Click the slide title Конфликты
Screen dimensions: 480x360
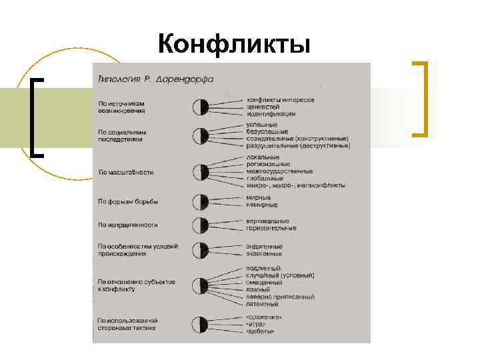(235, 44)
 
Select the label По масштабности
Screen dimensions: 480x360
(126, 172)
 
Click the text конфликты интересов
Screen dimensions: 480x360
(280, 99)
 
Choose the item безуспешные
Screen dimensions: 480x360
(269, 131)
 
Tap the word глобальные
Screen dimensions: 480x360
(265, 178)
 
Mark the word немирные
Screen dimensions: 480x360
(262, 205)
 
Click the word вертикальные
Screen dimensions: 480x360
(267, 221)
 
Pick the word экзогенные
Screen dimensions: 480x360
(264, 253)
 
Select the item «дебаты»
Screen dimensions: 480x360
(261, 331)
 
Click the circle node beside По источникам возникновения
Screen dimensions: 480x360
(201, 107)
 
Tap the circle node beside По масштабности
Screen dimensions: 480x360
(201, 172)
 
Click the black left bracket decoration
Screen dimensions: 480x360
(37, 116)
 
